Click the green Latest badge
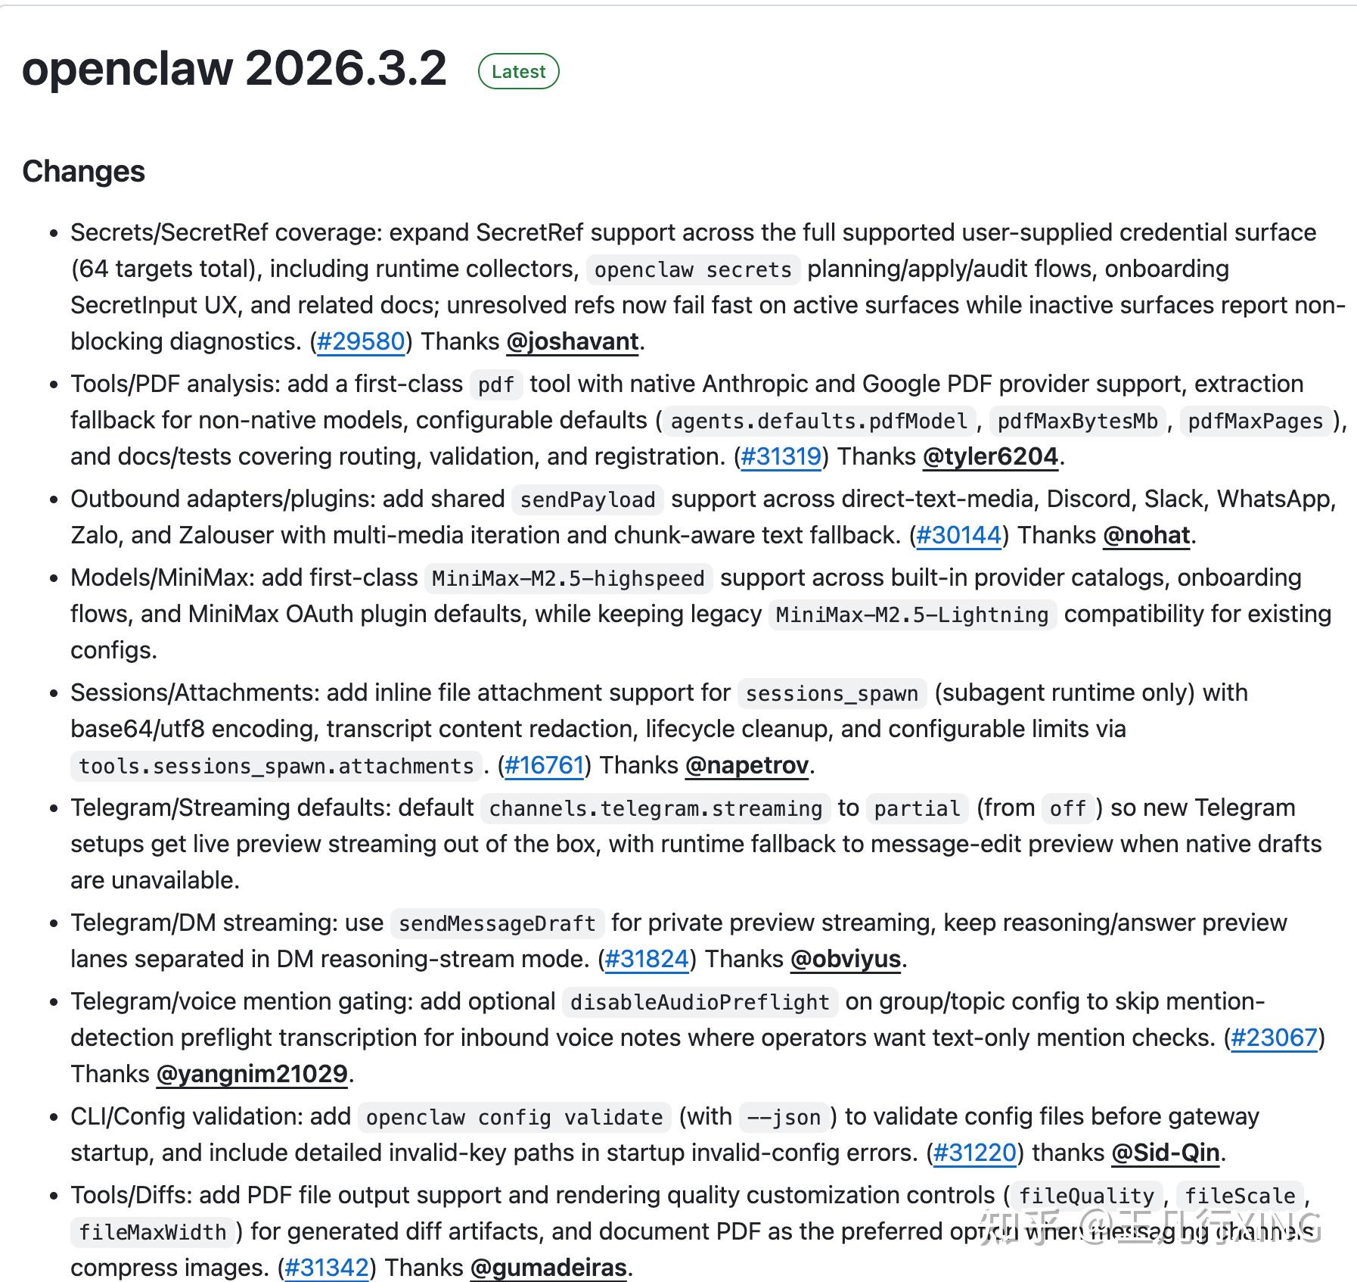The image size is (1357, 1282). [518, 72]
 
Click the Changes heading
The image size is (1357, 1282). [83, 171]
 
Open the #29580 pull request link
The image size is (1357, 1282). [361, 341]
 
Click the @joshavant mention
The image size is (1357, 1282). [573, 341]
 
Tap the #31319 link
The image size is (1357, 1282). [781, 456]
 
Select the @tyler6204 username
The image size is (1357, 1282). [990, 456]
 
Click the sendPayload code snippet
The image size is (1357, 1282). [588, 499]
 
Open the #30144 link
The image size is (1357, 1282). [958, 535]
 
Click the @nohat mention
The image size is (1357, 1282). [1147, 535]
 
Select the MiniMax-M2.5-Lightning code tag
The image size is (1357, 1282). [912, 615]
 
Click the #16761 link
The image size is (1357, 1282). [544, 765]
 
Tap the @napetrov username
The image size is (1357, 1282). [747, 765]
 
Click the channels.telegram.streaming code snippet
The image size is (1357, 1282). [655, 808]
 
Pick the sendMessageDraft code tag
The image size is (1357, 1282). [497, 923]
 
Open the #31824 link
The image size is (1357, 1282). [647, 959]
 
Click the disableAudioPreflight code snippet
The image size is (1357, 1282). [700, 1002]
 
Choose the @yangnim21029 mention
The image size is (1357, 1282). [252, 1074]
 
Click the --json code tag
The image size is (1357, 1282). [783, 1117]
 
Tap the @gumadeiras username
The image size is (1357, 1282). [548, 1268]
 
